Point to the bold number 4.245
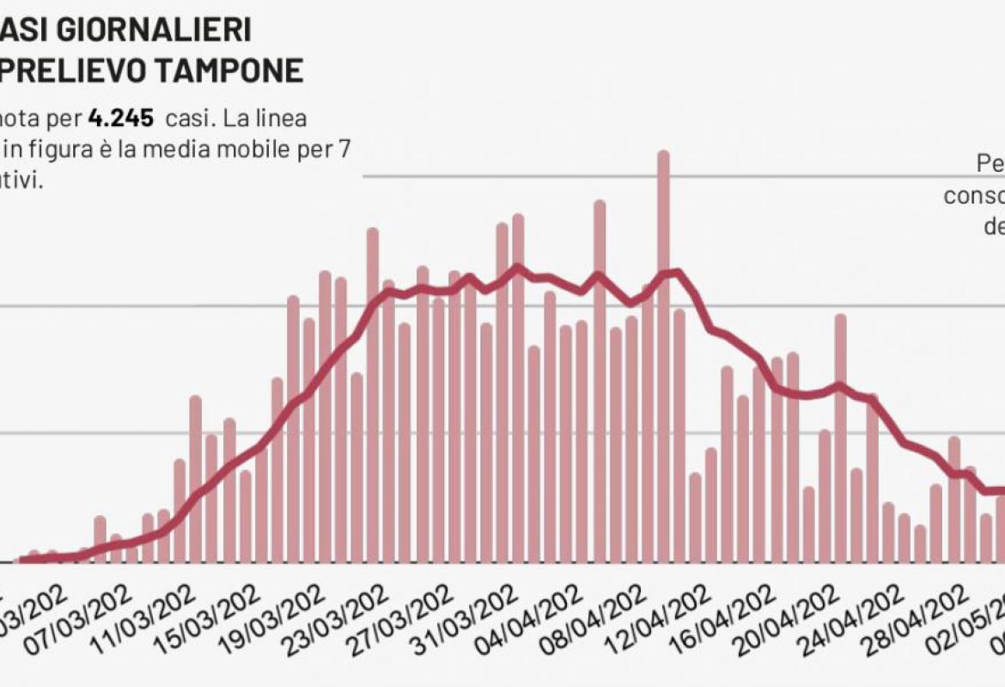[x=120, y=117]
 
